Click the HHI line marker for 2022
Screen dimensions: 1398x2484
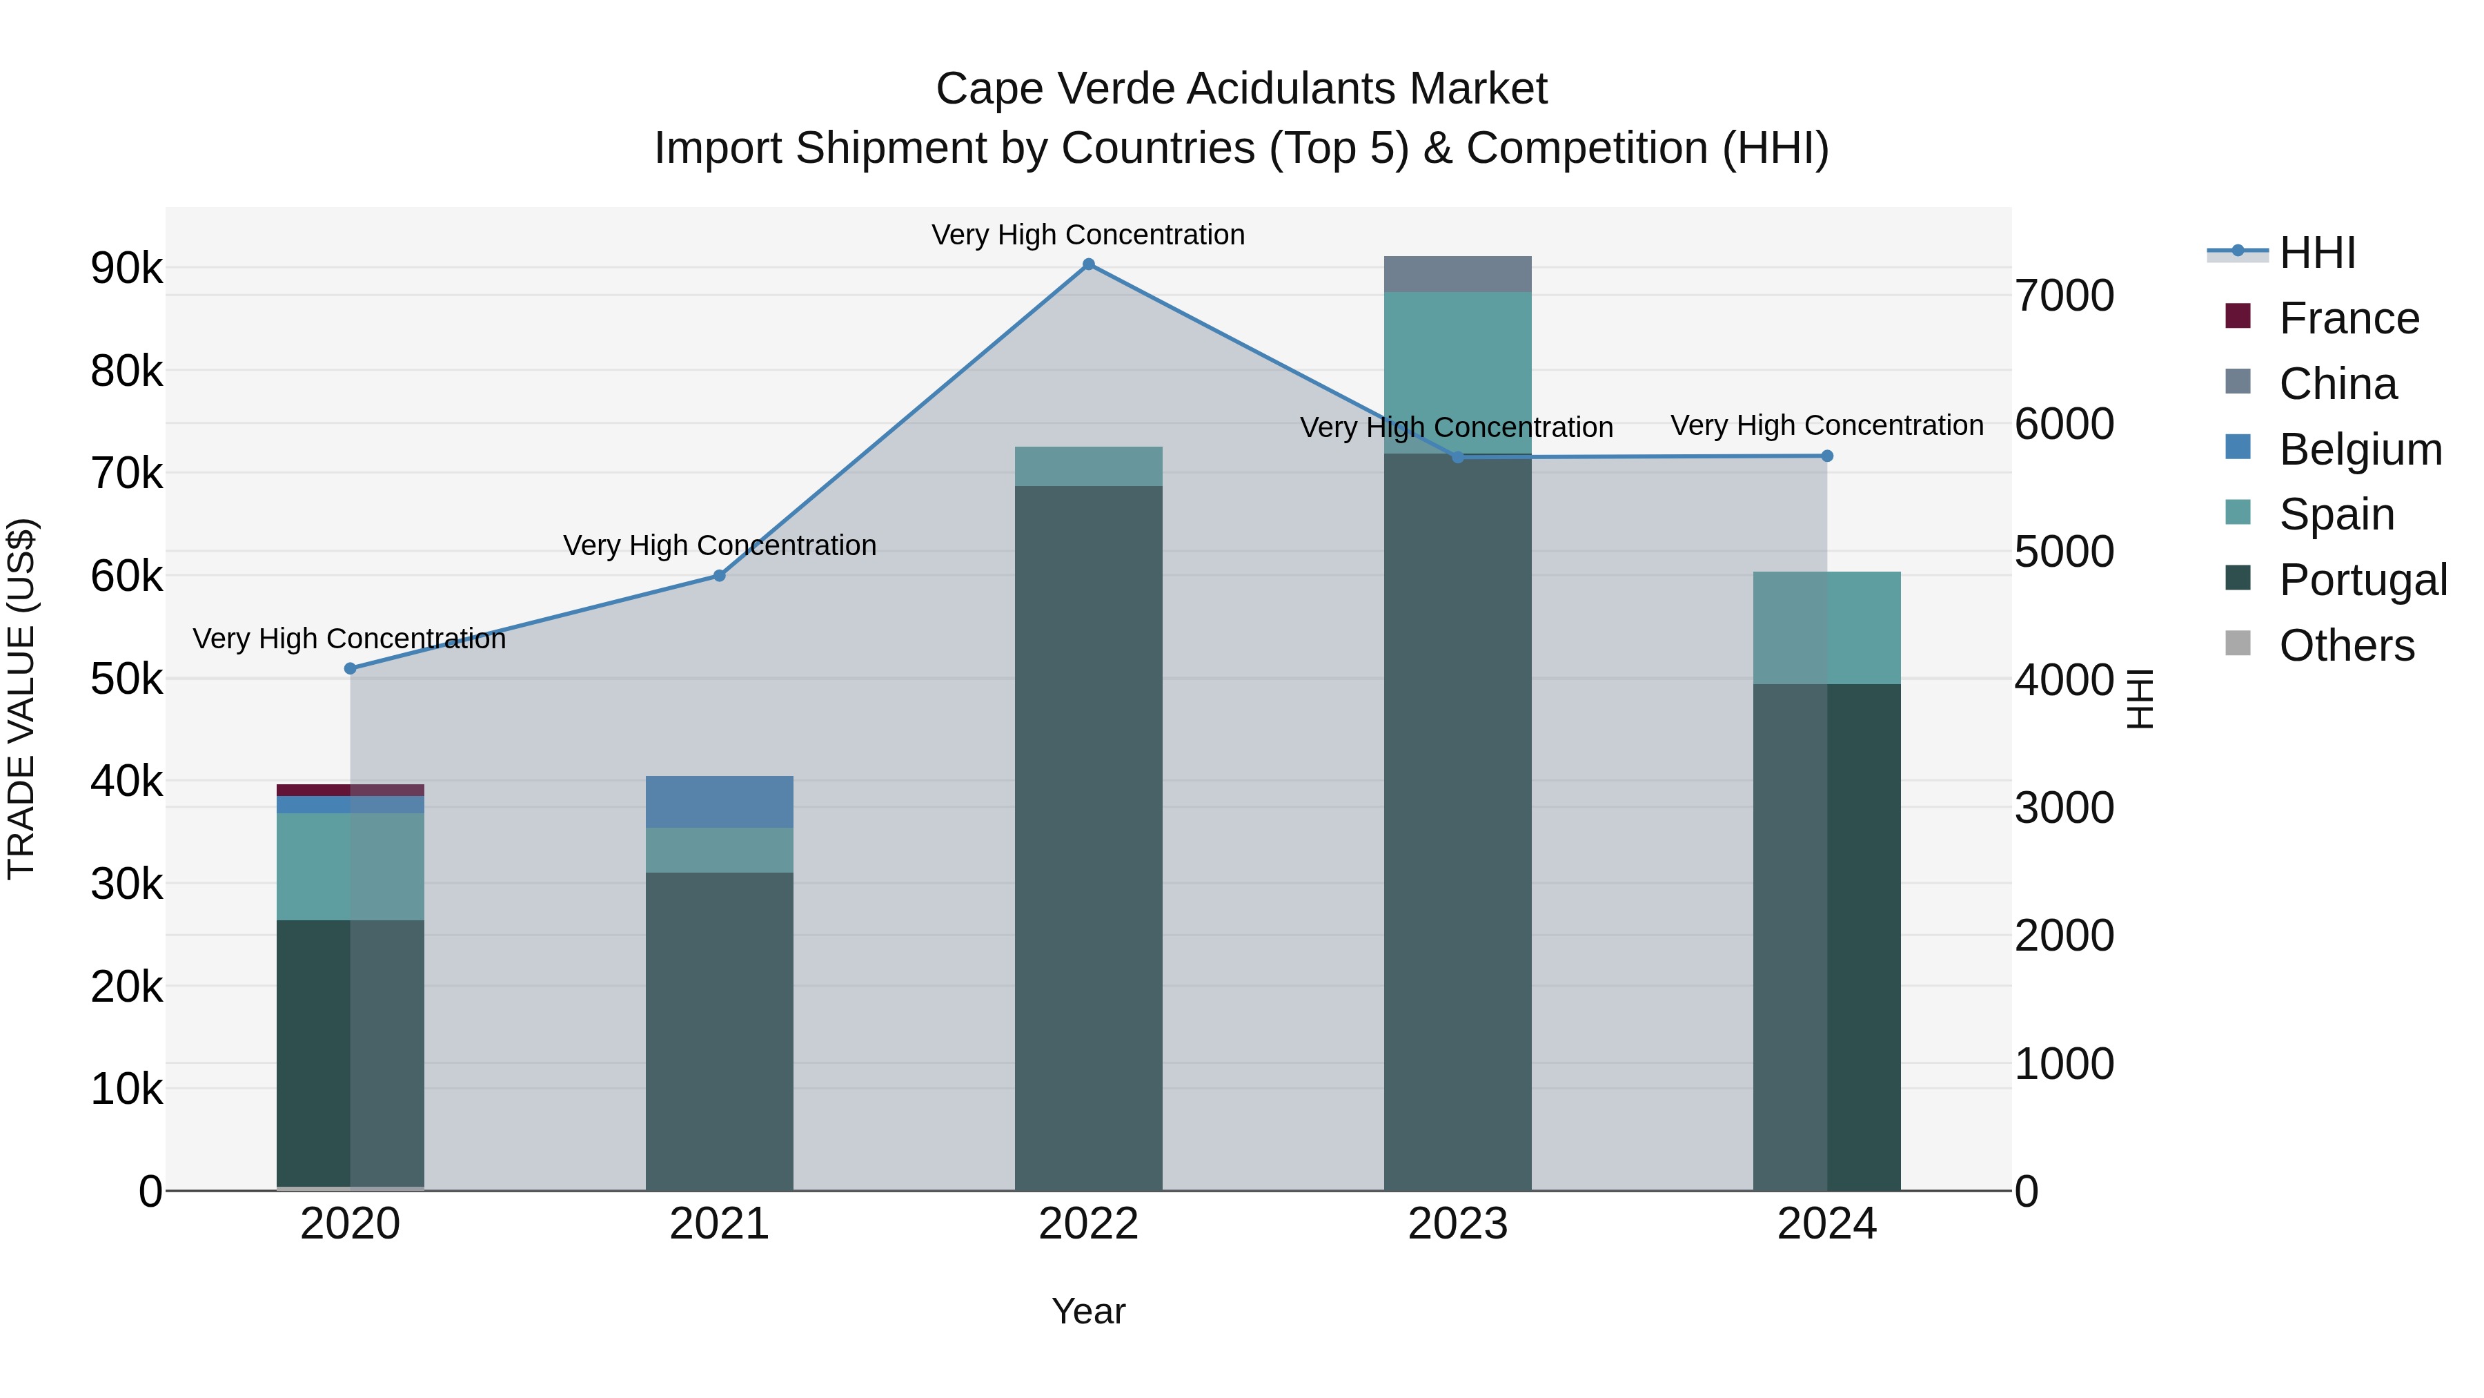coord(1089,264)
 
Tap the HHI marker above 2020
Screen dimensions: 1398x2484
coord(350,668)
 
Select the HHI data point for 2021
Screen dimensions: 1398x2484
coord(720,576)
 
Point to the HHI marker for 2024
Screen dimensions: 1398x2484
coord(1827,456)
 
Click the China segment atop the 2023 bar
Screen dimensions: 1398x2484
coord(1457,274)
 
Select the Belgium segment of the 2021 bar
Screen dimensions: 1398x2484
coord(720,802)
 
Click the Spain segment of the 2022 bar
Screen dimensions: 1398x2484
coord(1089,466)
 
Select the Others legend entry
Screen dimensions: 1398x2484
coord(2345,645)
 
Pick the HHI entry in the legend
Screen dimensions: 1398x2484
coord(2316,253)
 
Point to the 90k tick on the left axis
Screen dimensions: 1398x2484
coord(127,269)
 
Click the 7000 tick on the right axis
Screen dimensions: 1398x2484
coord(2064,295)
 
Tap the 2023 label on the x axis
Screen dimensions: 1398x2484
coord(1457,1224)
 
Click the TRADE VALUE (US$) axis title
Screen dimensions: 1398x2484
coord(21,699)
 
